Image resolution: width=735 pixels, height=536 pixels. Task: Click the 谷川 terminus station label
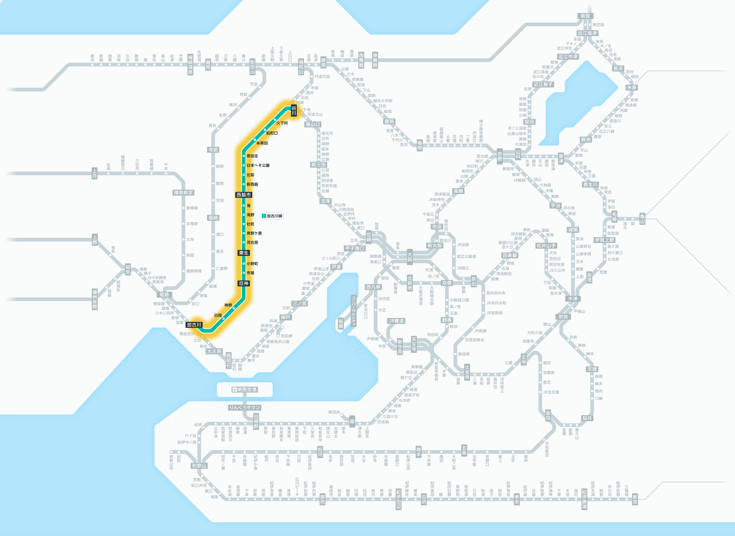(x=294, y=110)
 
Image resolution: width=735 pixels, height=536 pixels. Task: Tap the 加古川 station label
(x=194, y=325)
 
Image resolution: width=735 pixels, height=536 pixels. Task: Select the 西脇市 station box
(x=244, y=195)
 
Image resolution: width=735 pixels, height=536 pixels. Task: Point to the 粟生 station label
(x=244, y=253)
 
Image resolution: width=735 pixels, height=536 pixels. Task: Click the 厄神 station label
(x=244, y=283)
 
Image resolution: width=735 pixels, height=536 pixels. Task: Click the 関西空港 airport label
(x=244, y=389)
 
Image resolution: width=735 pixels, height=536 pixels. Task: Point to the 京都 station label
(x=500, y=156)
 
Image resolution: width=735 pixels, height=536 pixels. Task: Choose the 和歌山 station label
(x=199, y=466)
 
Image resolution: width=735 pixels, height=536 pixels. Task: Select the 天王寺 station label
(x=414, y=344)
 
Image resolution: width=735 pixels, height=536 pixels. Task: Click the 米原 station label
(x=632, y=88)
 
